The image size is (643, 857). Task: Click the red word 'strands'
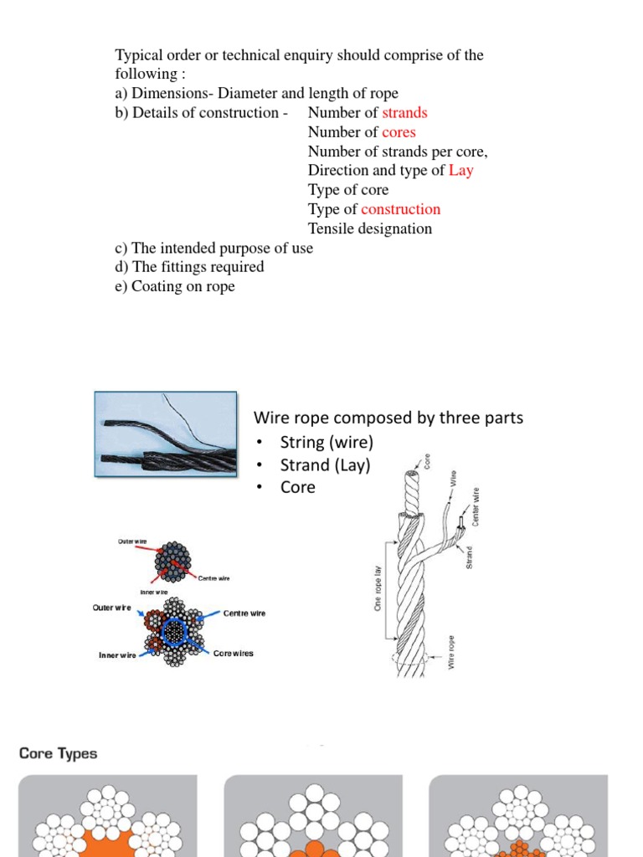[x=404, y=113]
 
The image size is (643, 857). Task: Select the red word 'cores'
[x=399, y=132]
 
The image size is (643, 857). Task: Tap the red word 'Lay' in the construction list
[x=460, y=171]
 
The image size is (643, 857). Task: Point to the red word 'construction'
[x=400, y=209]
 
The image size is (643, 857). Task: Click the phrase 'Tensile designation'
[x=370, y=228]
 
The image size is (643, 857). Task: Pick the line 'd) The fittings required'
[x=189, y=267]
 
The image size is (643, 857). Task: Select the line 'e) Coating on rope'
[x=175, y=286]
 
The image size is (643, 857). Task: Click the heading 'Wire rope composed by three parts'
[x=388, y=417]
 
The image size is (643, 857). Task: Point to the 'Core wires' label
[x=233, y=653]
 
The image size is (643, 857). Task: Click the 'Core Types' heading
[x=59, y=753]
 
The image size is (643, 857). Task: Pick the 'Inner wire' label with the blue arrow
[x=117, y=655]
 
